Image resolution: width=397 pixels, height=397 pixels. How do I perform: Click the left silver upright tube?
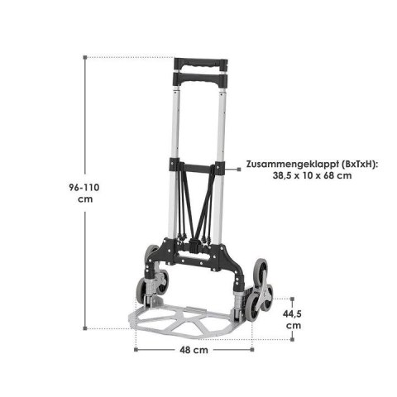pyautogui.click(x=176, y=124)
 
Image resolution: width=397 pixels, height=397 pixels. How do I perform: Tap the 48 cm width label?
pyautogui.click(x=195, y=350)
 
